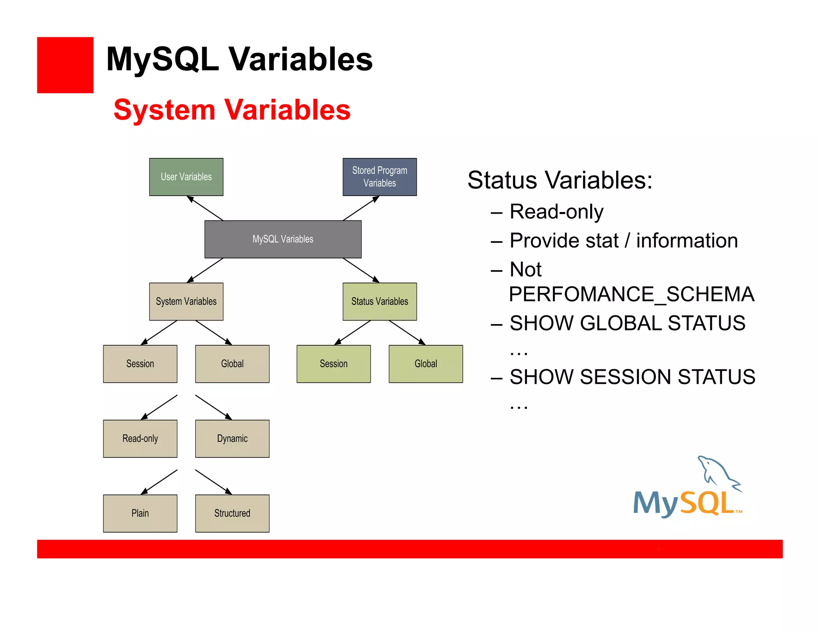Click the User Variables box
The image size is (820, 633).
pos(186,177)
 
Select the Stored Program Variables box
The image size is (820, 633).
pos(380,177)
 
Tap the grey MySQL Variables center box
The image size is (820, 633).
pos(283,239)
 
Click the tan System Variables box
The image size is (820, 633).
pos(186,301)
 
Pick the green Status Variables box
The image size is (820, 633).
pos(380,301)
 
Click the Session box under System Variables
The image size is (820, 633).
pos(140,364)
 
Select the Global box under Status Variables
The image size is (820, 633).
pos(426,364)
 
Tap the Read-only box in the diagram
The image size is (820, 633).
pos(140,439)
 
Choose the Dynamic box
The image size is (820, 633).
pos(232,439)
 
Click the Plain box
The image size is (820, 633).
pos(140,513)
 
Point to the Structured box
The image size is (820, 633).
pos(232,513)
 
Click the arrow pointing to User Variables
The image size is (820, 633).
pos(205,208)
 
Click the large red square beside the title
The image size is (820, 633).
pos(65,65)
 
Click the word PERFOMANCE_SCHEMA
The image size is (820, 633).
pos(631,294)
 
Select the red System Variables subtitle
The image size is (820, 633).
pos(232,110)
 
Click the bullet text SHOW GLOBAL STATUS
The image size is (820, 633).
pos(627,323)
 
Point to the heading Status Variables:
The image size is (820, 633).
pos(560,180)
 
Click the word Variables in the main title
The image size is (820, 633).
pos(300,59)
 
